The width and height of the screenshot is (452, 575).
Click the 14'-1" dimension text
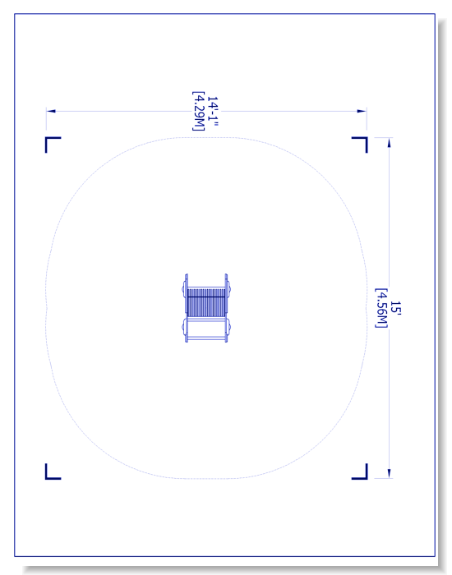click(213, 111)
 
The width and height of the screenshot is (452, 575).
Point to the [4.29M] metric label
click(199, 111)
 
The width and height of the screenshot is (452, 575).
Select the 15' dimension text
click(395, 308)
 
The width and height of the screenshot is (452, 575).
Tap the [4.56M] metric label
click(381, 308)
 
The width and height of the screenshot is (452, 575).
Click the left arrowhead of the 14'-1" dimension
click(51, 111)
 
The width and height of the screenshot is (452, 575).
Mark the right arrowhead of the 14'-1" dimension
click(362, 111)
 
